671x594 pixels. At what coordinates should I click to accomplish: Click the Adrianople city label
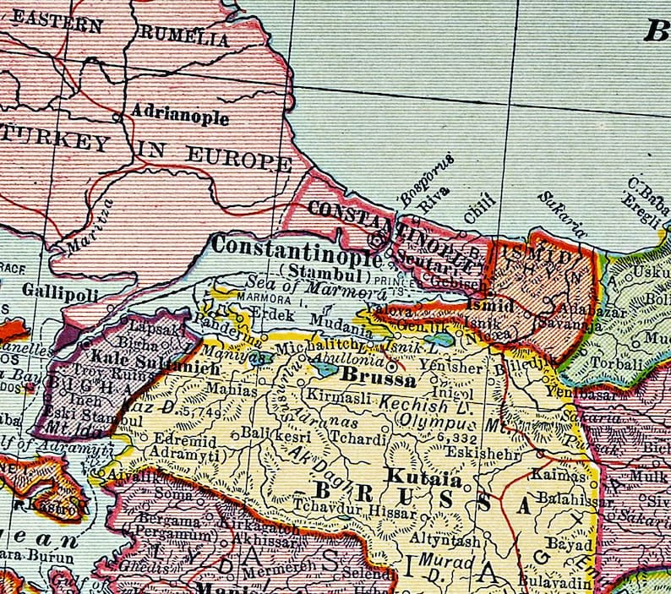[x=179, y=117]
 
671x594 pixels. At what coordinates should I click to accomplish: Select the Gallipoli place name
[x=61, y=293]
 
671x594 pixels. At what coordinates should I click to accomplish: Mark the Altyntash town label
[x=444, y=539]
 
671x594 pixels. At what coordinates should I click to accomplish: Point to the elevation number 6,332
[x=456, y=439]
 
